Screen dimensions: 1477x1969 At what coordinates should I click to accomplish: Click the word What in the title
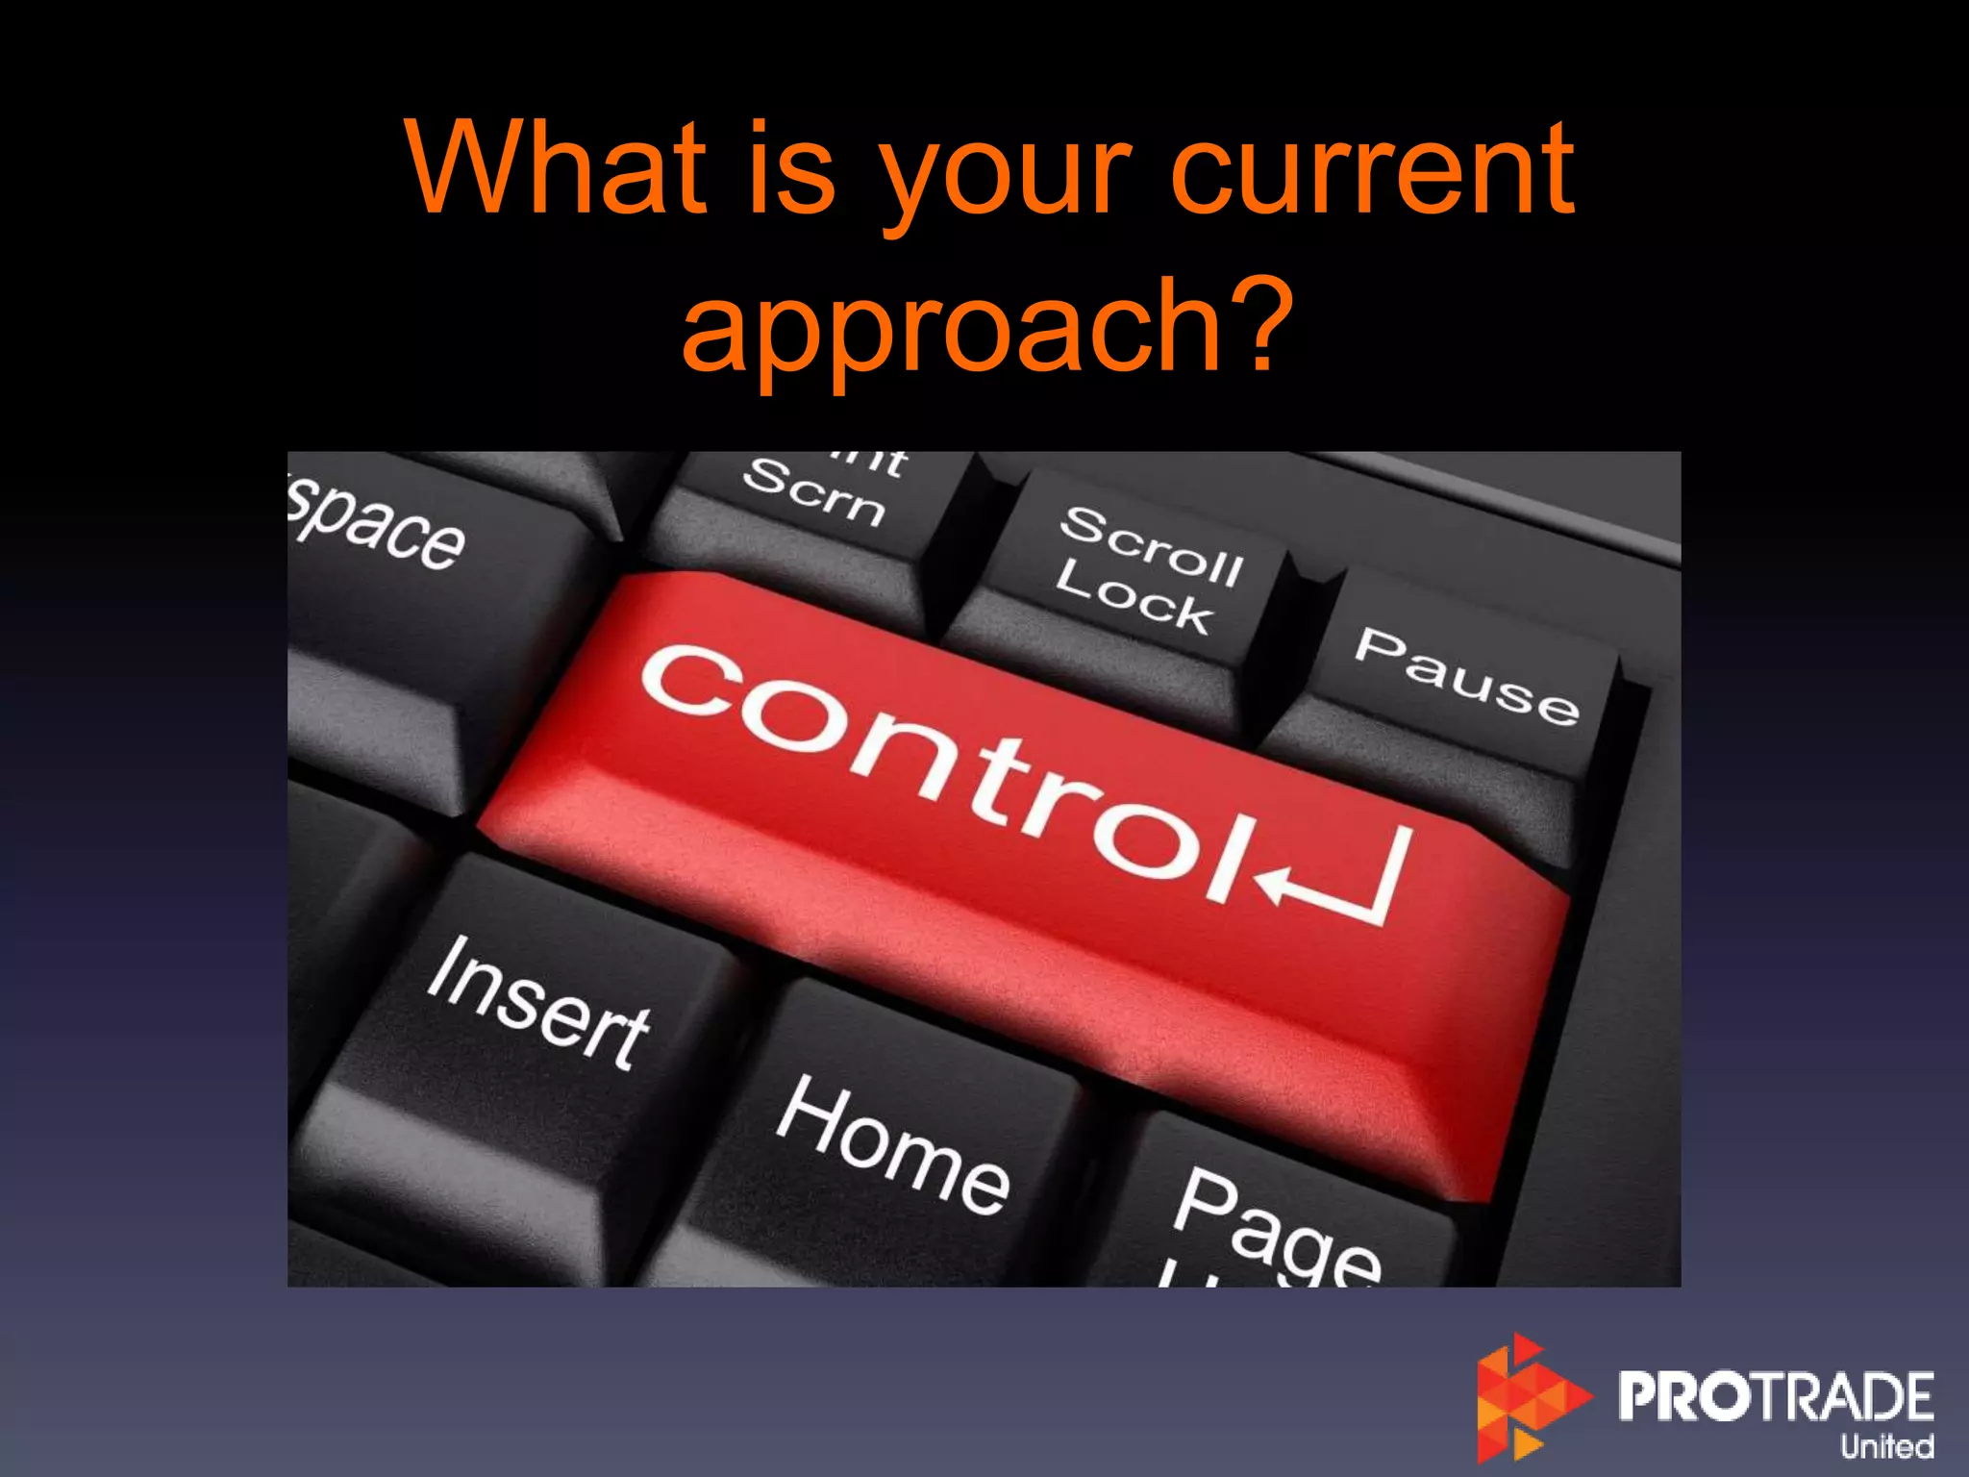point(557,167)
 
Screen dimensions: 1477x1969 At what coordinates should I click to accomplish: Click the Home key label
point(892,1144)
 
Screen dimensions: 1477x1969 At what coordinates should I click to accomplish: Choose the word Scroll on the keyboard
point(1151,544)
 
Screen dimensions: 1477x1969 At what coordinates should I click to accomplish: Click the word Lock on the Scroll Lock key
point(1133,598)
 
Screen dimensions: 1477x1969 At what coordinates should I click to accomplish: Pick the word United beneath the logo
point(1886,1446)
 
